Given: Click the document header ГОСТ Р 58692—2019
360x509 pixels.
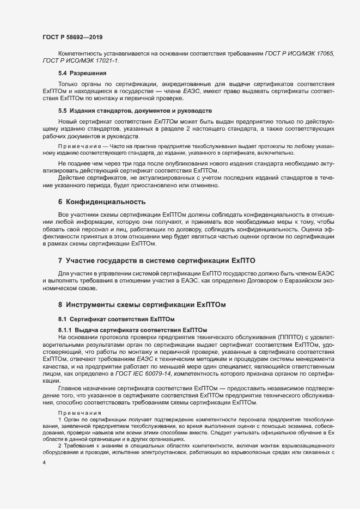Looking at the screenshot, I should (x=72, y=37).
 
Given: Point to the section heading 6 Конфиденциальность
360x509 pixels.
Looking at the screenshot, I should (x=102, y=202).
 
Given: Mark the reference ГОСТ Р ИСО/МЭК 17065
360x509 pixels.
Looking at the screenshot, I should (x=307, y=53).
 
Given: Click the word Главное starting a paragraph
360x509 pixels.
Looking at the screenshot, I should (x=71, y=387).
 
